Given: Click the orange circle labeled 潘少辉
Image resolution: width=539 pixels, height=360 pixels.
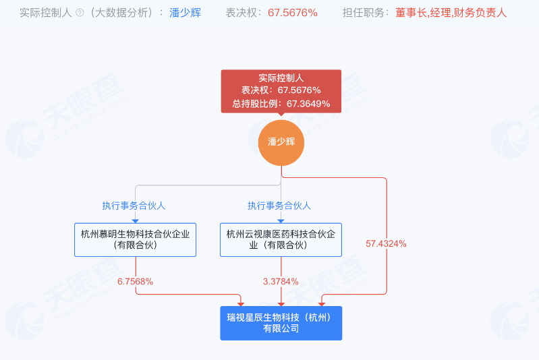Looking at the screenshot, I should pyautogui.click(x=281, y=142).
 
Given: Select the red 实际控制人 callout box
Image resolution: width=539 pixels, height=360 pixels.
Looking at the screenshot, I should pyautogui.click(x=281, y=90).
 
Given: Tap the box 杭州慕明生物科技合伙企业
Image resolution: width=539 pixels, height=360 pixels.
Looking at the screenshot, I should pyautogui.click(x=135, y=240).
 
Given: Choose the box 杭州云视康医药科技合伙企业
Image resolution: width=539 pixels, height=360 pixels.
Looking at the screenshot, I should pyautogui.click(x=281, y=240).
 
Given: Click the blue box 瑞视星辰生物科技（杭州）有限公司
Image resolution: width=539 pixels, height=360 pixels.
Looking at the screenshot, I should pyautogui.click(x=281, y=323).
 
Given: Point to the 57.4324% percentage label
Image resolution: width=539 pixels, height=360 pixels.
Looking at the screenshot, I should pyautogui.click(x=386, y=243).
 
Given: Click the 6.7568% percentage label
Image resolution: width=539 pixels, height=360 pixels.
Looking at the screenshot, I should pyautogui.click(x=135, y=282).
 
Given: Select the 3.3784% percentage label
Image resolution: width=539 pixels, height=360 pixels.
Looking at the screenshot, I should pyautogui.click(x=281, y=282).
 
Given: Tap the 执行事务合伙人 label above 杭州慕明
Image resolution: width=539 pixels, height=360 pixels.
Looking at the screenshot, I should pyautogui.click(x=134, y=206).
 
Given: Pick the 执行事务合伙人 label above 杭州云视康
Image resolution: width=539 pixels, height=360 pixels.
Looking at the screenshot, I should pyautogui.click(x=279, y=206).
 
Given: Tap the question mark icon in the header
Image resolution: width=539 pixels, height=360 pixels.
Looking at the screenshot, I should pyautogui.click(x=80, y=13).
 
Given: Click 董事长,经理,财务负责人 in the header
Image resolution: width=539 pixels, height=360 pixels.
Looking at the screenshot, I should pyautogui.click(x=451, y=13).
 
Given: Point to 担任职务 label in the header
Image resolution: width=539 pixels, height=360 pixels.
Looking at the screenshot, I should pyautogui.click(x=365, y=13).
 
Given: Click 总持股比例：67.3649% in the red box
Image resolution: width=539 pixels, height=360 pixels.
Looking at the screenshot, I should pyautogui.click(x=281, y=104).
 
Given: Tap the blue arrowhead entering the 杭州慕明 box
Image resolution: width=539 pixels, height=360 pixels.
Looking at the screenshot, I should pyautogui.click(x=135, y=220).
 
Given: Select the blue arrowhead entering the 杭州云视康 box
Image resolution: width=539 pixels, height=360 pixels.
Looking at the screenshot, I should pyautogui.click(x=281, y=220).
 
